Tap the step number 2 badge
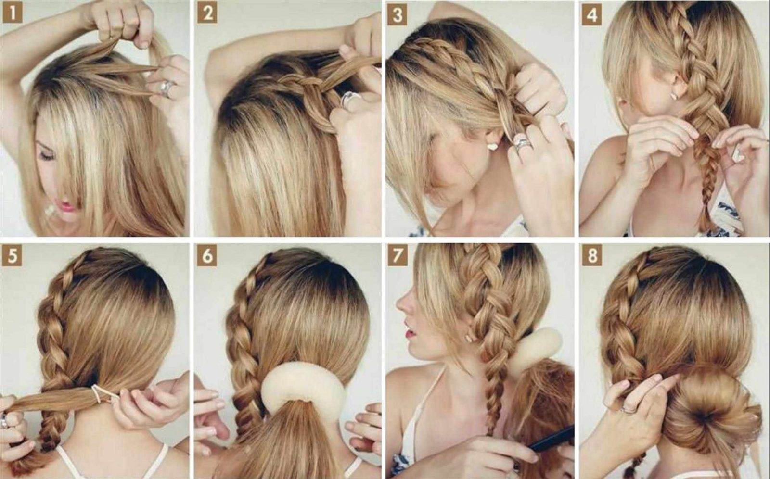click(207, 14)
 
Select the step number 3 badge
click(398, 15)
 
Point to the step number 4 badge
click(592, 15)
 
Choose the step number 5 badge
click(12, 256)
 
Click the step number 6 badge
click(207, 256)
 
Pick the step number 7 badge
click(398, 256)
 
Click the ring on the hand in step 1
click(166, 88)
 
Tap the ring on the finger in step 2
click(348, 101)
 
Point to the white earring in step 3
click(492, 147)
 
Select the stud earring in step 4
click(674, 97)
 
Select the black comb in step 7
click(550, 440)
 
